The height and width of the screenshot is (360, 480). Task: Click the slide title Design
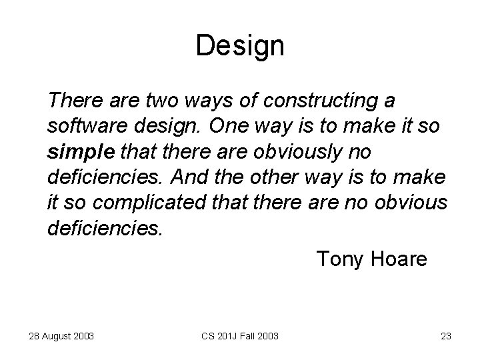click(x=240, y=46)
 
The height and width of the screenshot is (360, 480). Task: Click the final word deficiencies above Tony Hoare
click(x=105, y=229)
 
